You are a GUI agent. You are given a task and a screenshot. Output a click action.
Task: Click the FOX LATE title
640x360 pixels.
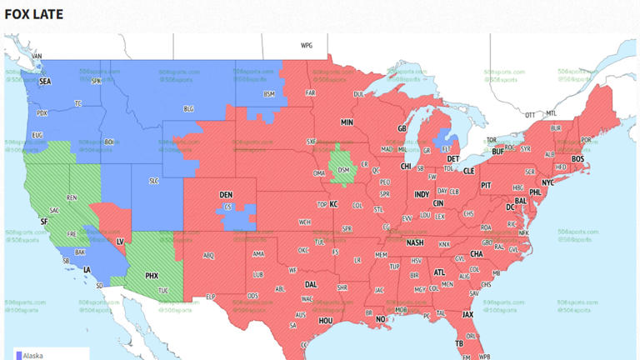[x=33, y=14]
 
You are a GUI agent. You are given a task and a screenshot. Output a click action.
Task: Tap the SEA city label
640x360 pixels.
[x=45, y=82]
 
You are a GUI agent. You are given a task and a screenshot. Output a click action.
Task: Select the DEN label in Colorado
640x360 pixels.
[x=226, y=195]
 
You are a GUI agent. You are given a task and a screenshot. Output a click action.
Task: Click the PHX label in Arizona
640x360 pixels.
[x=152, y=275]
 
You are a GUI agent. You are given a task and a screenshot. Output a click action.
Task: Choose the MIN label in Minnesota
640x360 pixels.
[x=347, y=122]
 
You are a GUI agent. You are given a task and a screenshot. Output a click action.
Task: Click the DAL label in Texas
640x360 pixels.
[x=311, y=284]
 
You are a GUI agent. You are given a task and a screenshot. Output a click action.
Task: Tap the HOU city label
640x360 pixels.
[x=326, y=320]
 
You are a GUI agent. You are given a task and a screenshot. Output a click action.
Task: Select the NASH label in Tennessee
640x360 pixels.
[x=415, y=242]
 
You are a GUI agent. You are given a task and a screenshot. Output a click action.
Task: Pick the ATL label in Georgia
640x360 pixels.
[x=439, y=272]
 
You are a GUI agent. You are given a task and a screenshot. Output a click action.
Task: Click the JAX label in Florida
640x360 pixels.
[x=467, y=314]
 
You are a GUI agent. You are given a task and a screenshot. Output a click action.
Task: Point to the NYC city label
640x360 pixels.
[x=547, y=182]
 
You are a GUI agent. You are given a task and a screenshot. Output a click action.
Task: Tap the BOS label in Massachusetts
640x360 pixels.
[x=577, y=158]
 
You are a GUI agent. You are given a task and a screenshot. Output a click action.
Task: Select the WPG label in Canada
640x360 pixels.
[x=306, y=46]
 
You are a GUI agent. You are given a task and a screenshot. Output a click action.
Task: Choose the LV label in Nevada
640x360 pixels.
[x=119, y=241]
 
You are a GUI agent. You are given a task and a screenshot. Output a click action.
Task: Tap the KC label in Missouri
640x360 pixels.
[x=333, y=204]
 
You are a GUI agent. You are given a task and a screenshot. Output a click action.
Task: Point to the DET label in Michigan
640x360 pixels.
[x=453, y=158]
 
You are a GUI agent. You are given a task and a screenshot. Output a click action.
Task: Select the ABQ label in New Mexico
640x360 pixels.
[x=208, y=256]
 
